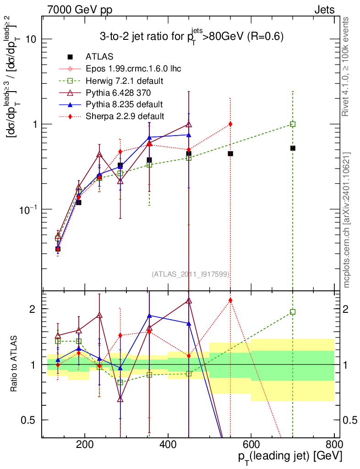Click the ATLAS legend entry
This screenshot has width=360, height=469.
99,56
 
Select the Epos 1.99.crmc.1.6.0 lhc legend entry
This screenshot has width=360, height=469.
133,69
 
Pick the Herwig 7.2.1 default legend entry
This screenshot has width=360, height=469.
125,81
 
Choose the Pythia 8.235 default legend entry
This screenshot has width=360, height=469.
124,104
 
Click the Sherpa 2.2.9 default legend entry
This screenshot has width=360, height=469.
125,116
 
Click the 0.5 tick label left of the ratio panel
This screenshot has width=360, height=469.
28,420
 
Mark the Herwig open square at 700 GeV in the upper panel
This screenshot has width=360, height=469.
293,124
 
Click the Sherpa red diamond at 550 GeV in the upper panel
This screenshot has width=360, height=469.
230,124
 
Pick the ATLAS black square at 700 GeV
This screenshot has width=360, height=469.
293,148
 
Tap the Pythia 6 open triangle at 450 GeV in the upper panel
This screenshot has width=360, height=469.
189,124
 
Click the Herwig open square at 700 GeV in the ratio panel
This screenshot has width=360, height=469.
293,312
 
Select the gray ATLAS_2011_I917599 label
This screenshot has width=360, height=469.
191,274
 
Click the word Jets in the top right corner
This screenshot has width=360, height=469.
324,10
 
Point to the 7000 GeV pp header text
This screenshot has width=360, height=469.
80,10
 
